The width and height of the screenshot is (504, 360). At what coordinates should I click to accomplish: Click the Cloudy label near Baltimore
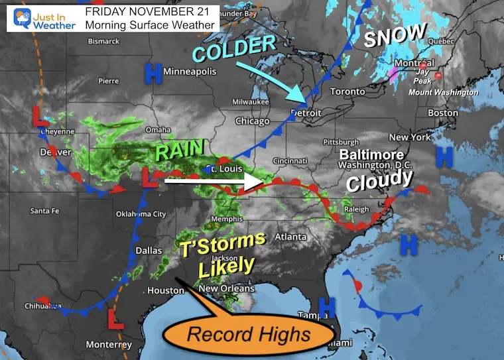(x=380, y=180)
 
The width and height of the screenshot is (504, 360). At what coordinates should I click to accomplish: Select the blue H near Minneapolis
(x=154, y=74)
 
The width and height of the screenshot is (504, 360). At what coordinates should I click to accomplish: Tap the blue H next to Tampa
(x=325, y=306)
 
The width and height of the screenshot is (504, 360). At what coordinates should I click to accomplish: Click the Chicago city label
(x=251, y=121)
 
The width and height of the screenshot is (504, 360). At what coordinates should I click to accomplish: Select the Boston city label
(x=442, y=113)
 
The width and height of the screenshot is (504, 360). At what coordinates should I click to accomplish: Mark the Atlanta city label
(x=291, y=237)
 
